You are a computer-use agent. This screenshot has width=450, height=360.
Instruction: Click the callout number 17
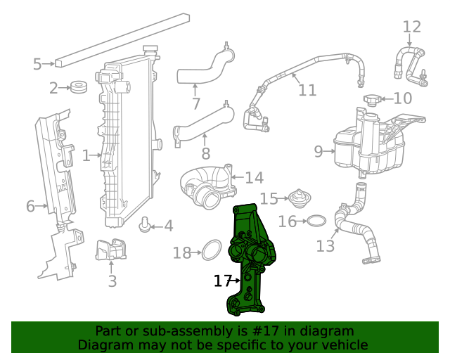(221, 281)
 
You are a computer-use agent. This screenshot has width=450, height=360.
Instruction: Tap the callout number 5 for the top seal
(37, 65)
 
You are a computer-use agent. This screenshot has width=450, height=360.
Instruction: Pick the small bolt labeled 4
(146, 225)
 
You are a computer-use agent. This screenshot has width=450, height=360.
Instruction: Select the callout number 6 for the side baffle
(30, 206)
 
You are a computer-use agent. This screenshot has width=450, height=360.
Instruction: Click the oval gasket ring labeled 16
(317, 222)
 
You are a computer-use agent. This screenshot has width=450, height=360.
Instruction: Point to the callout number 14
(254, 178)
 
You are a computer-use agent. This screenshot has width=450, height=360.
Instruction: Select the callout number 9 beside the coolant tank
(318, 151)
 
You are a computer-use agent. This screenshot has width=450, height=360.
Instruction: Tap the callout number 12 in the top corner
(411, 27)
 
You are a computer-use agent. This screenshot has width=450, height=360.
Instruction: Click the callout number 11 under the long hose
(307, 90)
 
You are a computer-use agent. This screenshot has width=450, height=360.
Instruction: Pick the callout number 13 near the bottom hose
(326, 246)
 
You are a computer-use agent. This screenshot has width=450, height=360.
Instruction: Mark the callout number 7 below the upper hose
(196, 104)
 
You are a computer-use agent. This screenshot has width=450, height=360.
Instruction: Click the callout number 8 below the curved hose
(205, 153)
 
